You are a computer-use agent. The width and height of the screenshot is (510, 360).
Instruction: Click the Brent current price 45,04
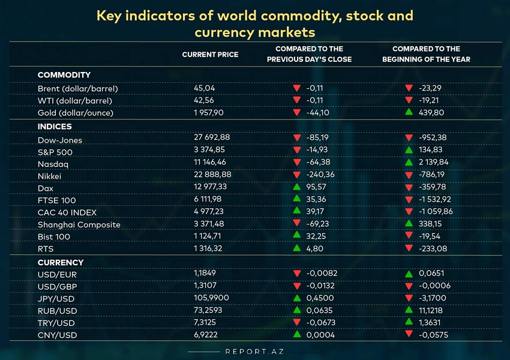[x=204, y=88]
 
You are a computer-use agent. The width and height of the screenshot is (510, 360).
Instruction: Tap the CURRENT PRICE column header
[x=210, y=55]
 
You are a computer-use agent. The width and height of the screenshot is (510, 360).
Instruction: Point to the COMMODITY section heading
[x=64, y=75]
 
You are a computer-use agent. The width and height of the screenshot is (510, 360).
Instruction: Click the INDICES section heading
[x=55, y=127]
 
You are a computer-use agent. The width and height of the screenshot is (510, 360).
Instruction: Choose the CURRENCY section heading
[x=61, y=263]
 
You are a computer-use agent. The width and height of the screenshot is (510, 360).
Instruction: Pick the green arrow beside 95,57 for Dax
[x=296, y=187]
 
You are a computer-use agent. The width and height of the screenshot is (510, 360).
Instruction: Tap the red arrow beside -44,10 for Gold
[x=296, y=112]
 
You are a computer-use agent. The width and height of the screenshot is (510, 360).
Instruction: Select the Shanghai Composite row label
[x=79, y=225]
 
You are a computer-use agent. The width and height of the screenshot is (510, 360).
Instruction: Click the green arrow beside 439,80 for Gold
[x=409, y=112]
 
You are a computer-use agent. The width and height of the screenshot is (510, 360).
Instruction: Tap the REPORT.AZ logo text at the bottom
[x=254, y=352]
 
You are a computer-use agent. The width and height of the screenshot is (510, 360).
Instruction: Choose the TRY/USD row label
[x=56, y=323]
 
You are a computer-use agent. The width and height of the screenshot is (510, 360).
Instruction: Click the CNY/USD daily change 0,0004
[x=320, y=335]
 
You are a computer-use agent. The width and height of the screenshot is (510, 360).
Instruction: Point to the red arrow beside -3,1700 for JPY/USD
[x=409, y=298]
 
